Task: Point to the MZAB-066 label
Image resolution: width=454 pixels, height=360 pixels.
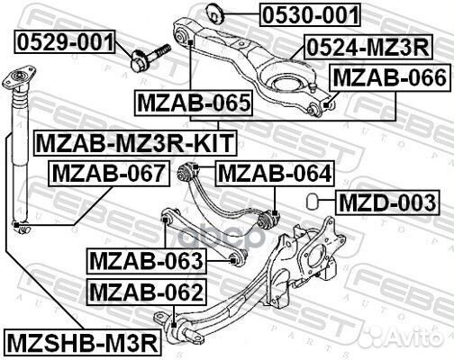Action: point(388,78)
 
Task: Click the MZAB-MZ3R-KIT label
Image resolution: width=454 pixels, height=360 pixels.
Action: point(133,141)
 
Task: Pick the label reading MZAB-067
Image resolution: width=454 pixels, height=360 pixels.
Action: point(107,172)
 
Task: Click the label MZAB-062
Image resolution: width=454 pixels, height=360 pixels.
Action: point(146,292)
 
